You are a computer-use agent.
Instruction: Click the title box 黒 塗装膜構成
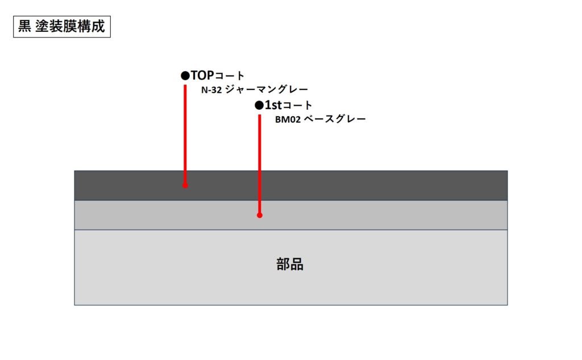62,27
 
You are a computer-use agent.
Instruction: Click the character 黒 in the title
24,26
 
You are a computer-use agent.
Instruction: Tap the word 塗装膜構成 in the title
70,26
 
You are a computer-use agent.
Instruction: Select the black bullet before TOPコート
185,76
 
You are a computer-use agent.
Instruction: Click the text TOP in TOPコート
202,76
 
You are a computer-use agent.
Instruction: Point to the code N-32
211,90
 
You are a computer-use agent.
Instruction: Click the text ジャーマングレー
267,89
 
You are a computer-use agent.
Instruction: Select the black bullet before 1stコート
259,106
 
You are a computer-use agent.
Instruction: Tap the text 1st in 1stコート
273,105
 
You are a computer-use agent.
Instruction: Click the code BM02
288,119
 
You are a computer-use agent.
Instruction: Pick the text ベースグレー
335,119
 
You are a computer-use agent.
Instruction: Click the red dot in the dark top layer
185,185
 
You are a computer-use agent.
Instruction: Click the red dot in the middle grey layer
259,215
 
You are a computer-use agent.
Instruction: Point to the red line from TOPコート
185,135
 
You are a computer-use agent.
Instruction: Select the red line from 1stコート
259,164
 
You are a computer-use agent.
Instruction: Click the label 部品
290,264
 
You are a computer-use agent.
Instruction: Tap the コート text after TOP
230,76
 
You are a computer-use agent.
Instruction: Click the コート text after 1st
297,106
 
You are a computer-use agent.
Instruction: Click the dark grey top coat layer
291,185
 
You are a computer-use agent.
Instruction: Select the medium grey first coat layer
291,215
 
